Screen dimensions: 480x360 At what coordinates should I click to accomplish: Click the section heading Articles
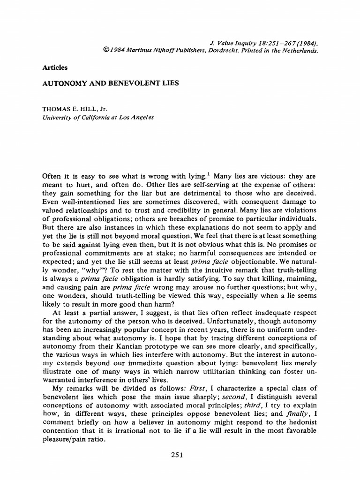click(x=55, y=67)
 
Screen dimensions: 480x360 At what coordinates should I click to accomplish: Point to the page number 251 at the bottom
click(x=177, y=454)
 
